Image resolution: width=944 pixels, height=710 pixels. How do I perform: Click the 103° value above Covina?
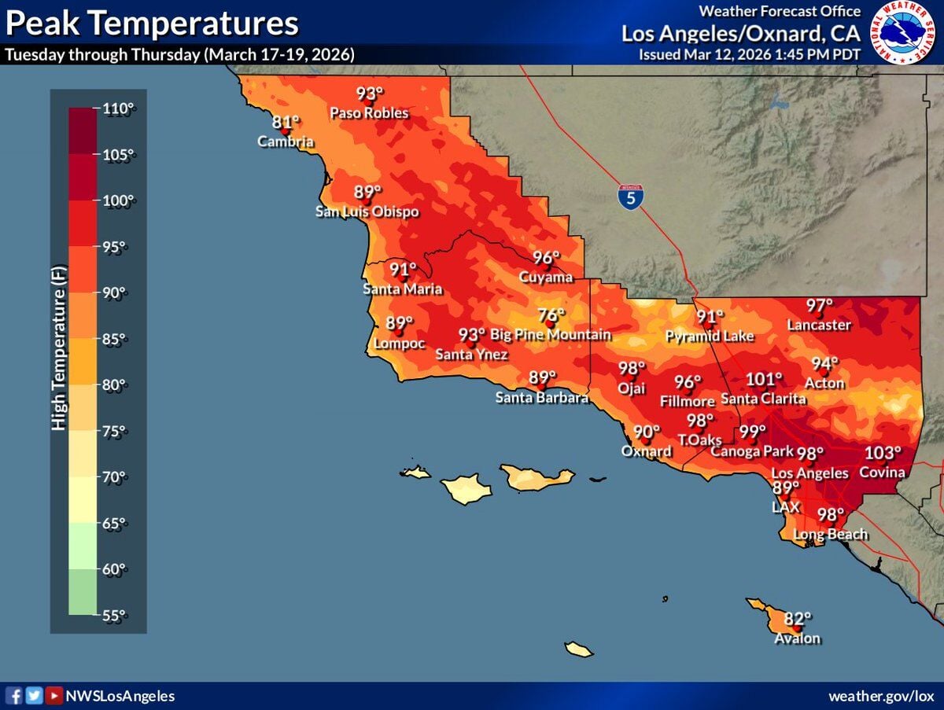tap(882, 454)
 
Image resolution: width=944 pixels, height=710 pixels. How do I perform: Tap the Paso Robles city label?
tap(369, 113)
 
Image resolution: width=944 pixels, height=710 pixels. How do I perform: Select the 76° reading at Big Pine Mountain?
tap(551, 316)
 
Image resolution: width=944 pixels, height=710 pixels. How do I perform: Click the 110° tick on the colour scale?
tap(119, 109)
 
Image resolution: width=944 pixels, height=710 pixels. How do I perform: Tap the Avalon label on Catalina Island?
tap(797, 638)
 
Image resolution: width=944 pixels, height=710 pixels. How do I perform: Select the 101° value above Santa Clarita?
tap(764, 380)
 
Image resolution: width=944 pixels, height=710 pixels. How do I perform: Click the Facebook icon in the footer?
tap(14, 696)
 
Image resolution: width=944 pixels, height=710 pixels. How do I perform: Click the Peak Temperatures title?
tap(152, 24)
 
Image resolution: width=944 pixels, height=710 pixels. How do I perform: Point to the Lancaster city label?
tap(820, 325)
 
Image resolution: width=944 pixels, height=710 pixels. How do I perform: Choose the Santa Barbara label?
tap(542, 398)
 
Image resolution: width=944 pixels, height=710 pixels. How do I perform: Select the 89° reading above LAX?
tap(785, 488)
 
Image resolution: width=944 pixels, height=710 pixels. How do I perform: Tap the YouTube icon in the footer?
tap(53, 696)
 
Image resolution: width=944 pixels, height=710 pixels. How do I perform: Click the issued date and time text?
tap(750, 54)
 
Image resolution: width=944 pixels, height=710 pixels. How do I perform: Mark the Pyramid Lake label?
tap(710, 337)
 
